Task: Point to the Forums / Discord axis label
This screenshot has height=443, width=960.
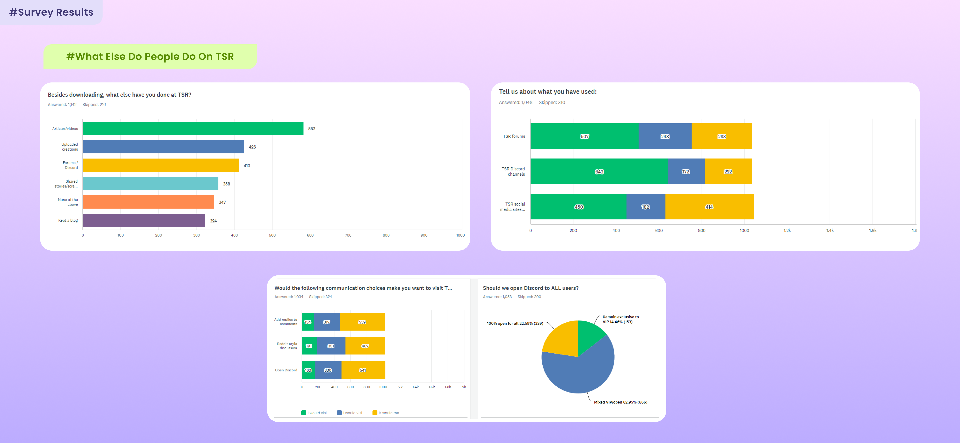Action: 70,165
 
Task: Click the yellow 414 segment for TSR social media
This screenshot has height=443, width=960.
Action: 709,207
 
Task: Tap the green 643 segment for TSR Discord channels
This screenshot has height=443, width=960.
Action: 599,172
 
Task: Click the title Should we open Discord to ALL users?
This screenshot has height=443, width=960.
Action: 530,288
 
